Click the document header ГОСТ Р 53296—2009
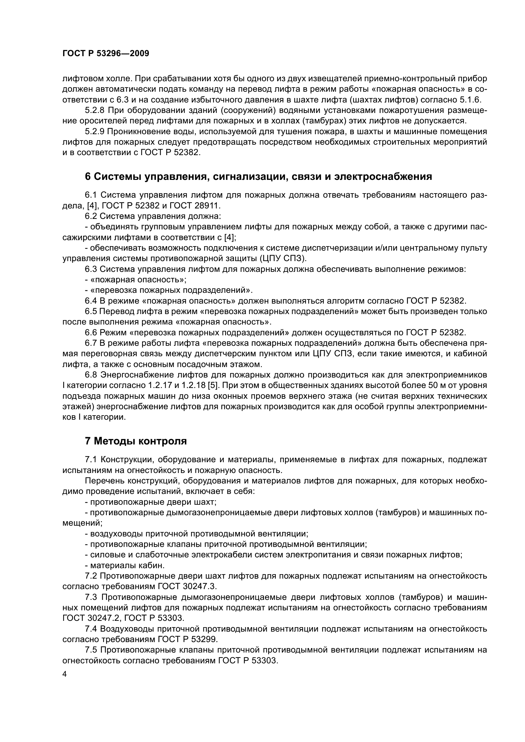106,54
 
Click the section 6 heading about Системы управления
258,176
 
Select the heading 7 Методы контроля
136,441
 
